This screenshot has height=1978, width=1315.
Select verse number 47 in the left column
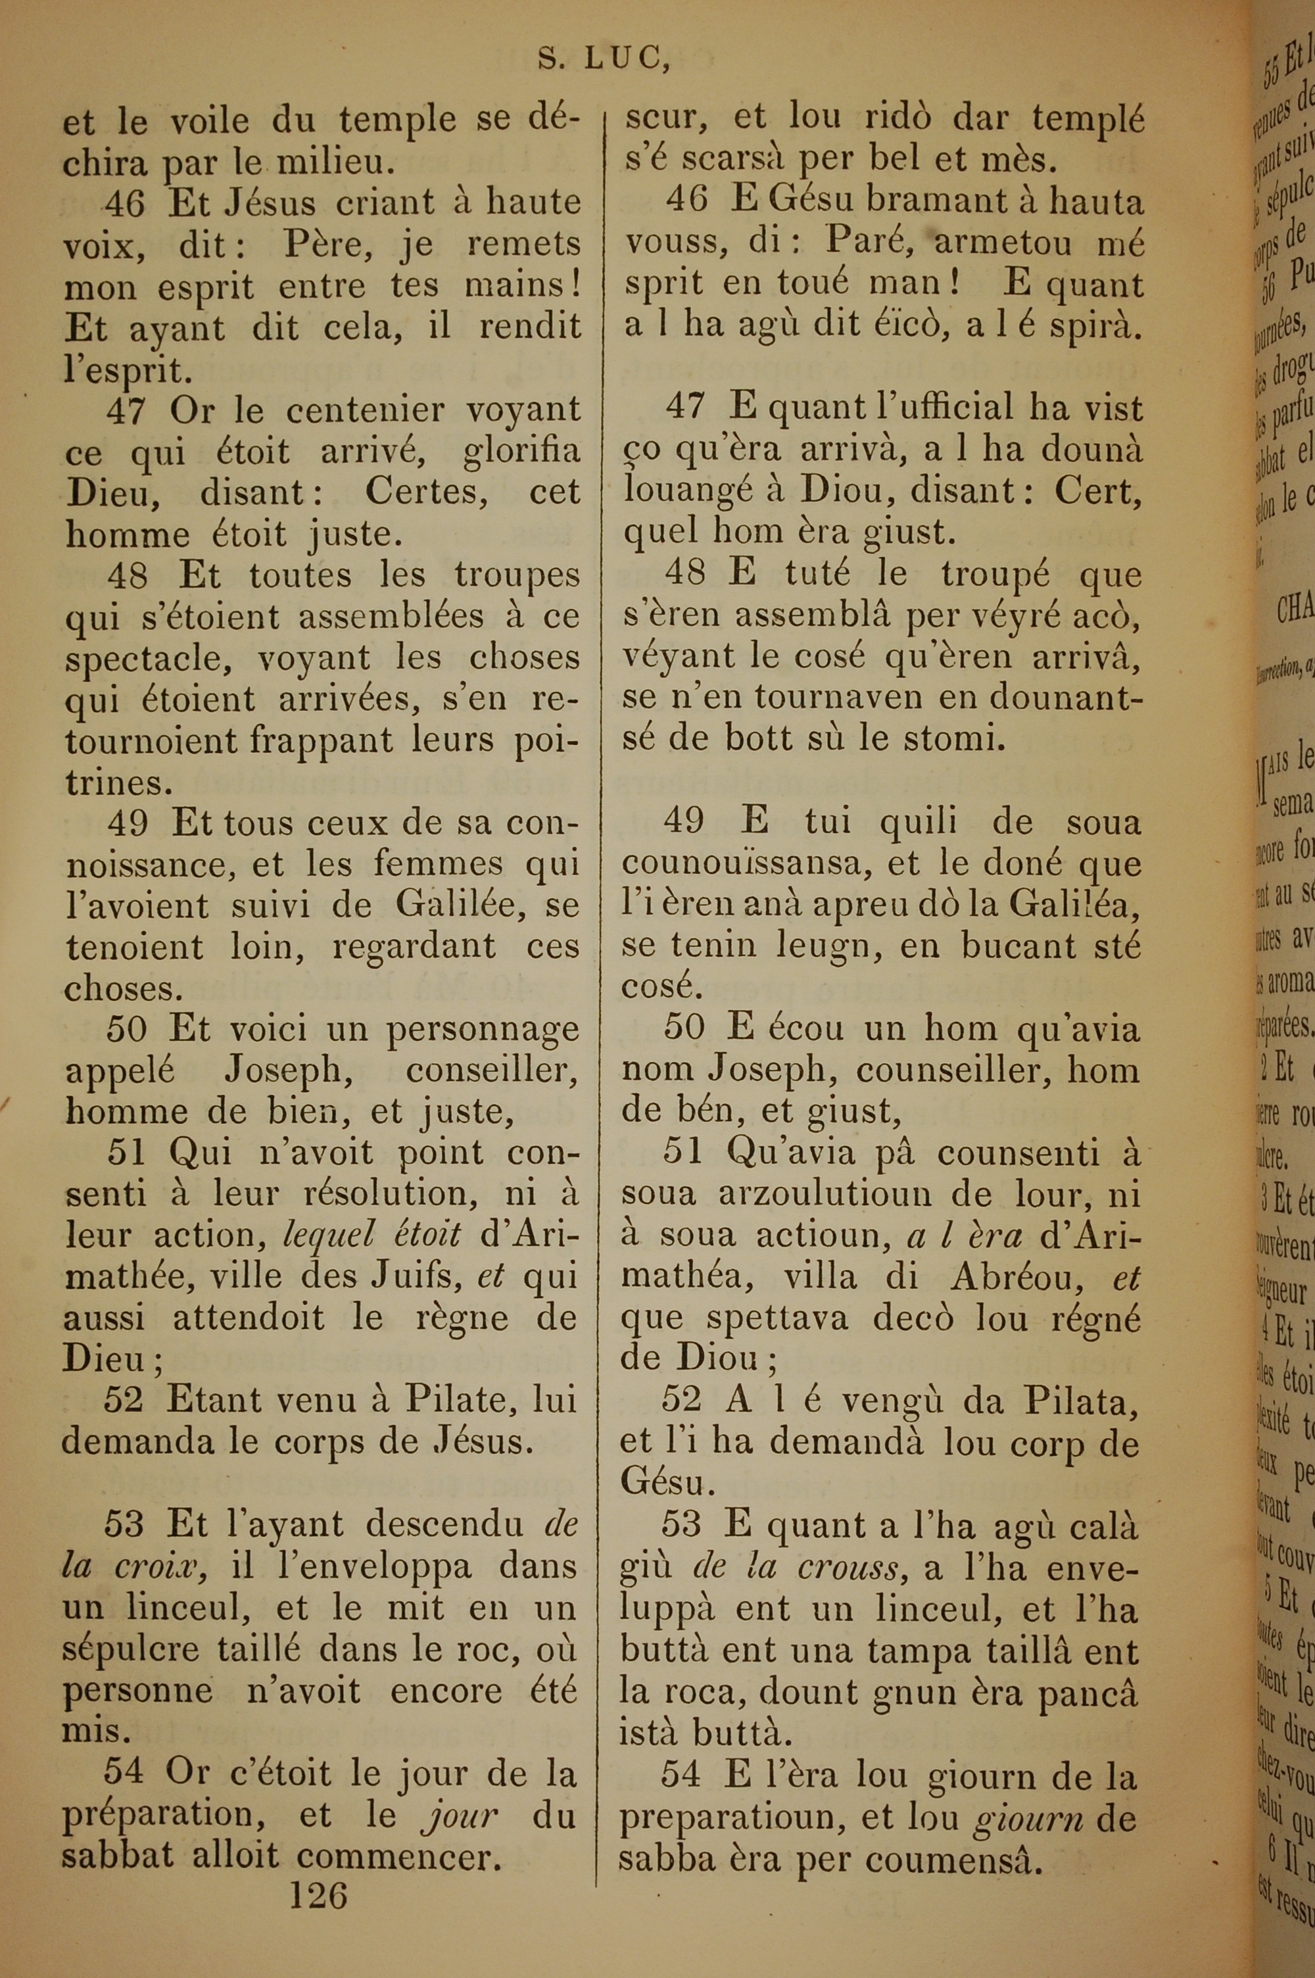pyautogui.click(x=127, y=411)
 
